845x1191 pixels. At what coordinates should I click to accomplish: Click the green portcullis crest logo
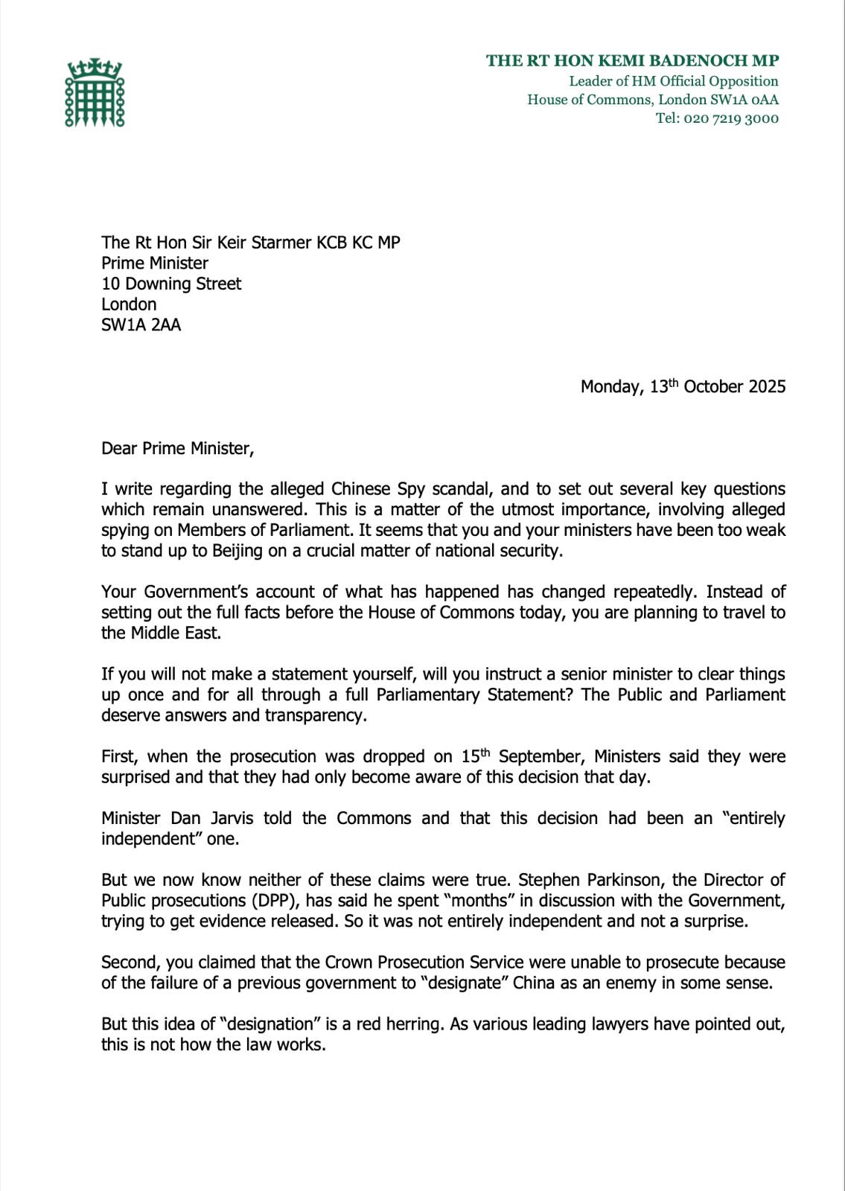coord(95,93)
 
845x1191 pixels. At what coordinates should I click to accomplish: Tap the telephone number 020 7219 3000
coord(731,118)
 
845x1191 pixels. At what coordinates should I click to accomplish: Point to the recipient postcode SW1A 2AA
coord(141,325)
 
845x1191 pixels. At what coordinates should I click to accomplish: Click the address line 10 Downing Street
coord(171,284)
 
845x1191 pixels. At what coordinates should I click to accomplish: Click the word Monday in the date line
coord(611,387)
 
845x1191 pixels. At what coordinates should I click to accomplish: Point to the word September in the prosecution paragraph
coord(541,757)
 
